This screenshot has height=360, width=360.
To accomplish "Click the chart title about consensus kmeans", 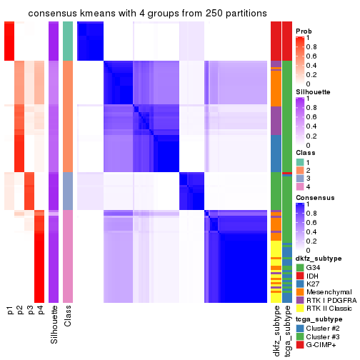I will point(138,14).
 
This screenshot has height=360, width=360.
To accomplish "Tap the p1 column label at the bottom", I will point(10,311).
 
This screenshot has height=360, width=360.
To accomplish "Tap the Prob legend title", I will point(304,31).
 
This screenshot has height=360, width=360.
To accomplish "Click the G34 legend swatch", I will point(300,268).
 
